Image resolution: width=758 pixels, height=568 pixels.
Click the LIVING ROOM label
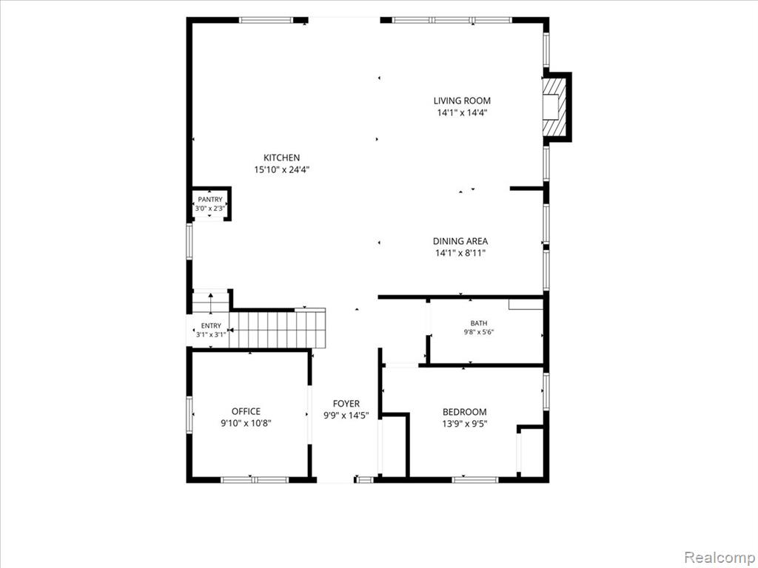[462, 101]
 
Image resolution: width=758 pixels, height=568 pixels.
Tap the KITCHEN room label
[281, 158]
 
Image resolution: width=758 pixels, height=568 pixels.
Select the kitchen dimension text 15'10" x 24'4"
[281, 169]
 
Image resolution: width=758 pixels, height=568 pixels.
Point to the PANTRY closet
[210, 204]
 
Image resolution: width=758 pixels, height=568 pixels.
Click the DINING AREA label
[460, 241]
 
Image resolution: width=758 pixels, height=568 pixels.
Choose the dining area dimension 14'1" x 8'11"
[460, 253]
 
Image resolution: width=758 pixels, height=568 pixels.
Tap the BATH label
[479, 323]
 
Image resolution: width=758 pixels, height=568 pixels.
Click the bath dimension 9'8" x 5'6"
[479, 332]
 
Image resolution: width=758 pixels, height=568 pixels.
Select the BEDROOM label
[465, 412]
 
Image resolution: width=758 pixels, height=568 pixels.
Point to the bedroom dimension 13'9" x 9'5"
[465, 424]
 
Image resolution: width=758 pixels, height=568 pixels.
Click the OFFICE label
[246, 411]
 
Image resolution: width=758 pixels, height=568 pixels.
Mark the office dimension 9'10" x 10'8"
[246, 423]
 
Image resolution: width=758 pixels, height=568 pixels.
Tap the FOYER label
[346, 404]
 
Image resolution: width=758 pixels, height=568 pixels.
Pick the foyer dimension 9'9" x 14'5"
[346, 416]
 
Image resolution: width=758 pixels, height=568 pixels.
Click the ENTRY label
[211, 326]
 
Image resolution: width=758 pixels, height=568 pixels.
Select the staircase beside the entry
[277, 328]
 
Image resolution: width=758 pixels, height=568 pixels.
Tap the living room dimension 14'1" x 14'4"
[462, 113]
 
